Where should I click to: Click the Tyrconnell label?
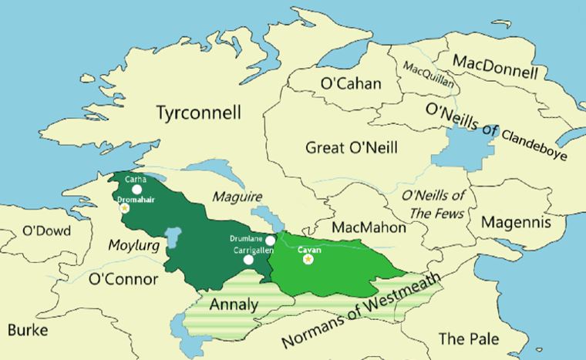coord(198,113)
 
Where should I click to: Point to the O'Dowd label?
coord(46,230)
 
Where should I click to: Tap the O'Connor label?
coord(123,278)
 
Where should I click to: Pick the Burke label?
coord(28,331)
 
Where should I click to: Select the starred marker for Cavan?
coord(308,259)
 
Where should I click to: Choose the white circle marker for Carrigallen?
coord(248,260)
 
